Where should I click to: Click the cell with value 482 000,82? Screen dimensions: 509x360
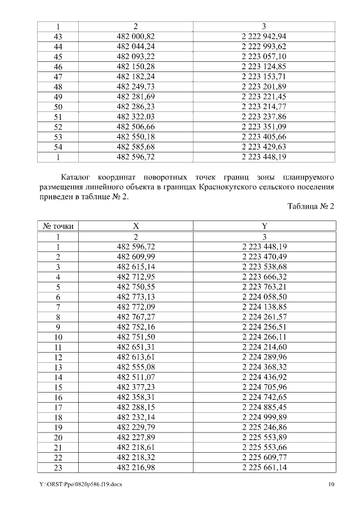pyautogui.click(x=136, y=37)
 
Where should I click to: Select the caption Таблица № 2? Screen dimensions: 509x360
pyautogui.click(x=311, y=206)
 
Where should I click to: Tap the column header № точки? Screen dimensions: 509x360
pyautogui.click(x=58, y=226)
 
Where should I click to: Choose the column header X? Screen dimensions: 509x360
pyautogui.click(x=136, y=226)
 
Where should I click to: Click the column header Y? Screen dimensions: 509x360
pyautogui.click(x=264, y=226)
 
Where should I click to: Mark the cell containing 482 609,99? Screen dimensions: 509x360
pyautogui.click(x=136, y=256)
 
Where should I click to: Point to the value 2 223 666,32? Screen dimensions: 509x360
pyautogui.click(x=264, y=277)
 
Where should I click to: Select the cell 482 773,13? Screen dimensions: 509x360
pyautogui.click(x=136, y=296)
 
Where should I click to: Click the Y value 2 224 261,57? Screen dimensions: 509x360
pyautogui.click(x=264, y=317)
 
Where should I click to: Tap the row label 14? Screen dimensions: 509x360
pyautogui.click(x=58, y=376)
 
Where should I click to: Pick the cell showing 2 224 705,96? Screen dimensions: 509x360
pyautogui.click(x=264, y=386)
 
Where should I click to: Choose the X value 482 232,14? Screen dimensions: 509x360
pyautogui.click(x=136, y=416)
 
